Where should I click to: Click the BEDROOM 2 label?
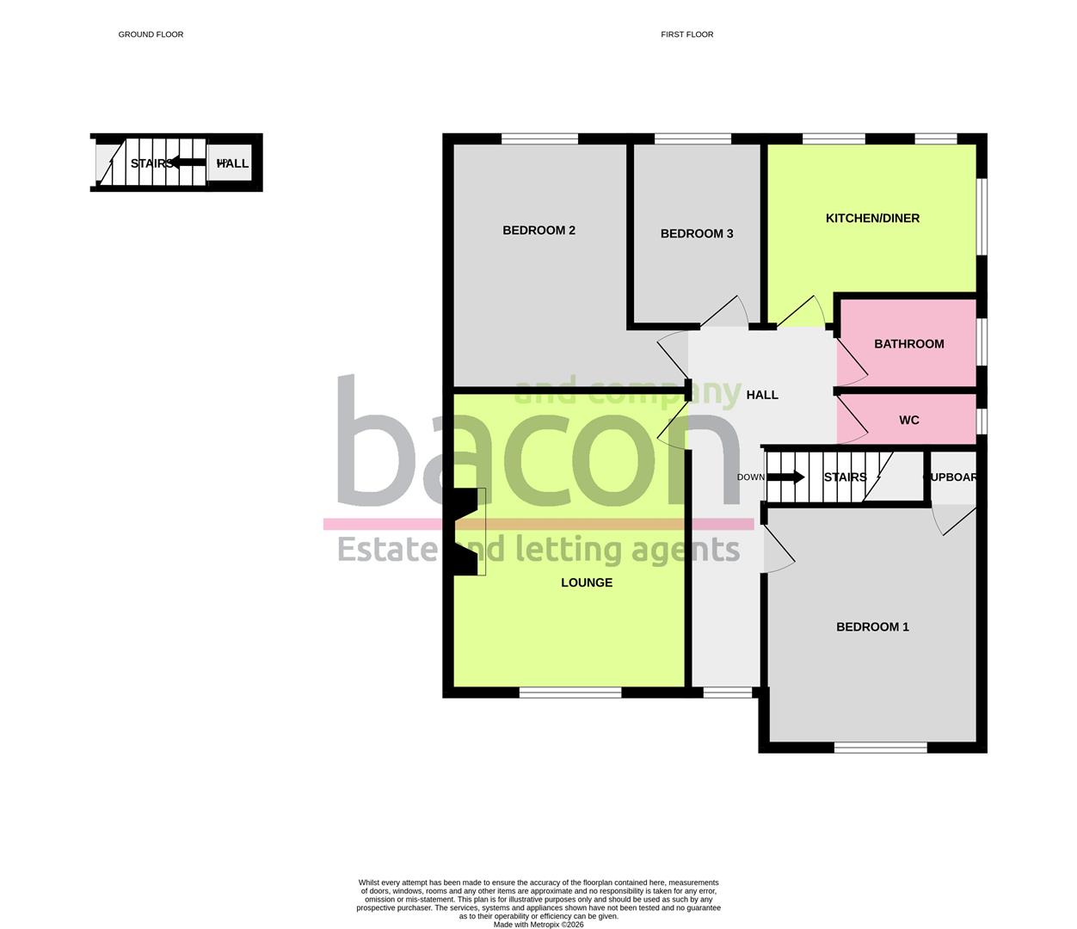pos(538,231)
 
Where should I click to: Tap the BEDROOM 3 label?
pos(697,234)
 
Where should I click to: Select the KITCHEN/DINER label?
pos(872,218)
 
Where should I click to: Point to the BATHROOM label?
pos(908,344)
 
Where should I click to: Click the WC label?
pos(908,421)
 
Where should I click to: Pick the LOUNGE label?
pos(587,583)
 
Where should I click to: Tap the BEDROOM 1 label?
pos(872,627)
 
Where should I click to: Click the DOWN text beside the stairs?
pos(750,477)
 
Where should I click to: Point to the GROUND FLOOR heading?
pos(151,34)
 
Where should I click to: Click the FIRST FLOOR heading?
pos(686,34)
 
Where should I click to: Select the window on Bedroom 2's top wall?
pos(539,138)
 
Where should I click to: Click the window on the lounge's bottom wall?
pos(570,692)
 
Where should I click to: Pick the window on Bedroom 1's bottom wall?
pos(880,748)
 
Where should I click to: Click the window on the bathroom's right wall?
pos(982,342)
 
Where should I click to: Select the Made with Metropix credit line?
pos(538,925)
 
